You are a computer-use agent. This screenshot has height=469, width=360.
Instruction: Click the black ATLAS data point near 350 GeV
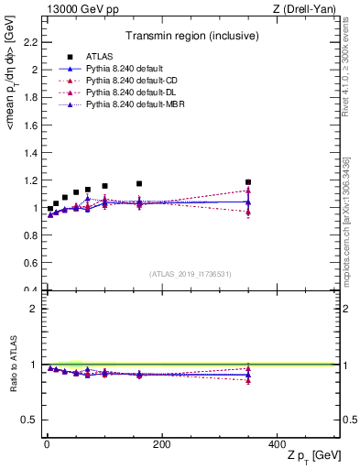point(248,182)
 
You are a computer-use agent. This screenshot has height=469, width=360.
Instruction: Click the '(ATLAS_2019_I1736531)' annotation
point(190,274)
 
